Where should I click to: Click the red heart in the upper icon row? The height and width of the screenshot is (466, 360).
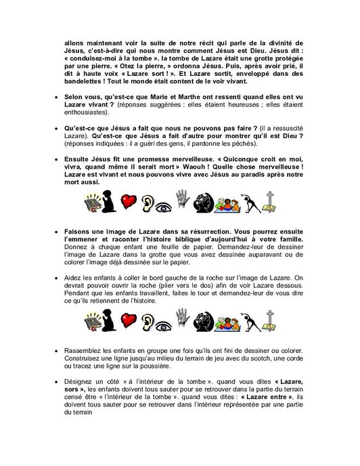pos(128,202)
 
